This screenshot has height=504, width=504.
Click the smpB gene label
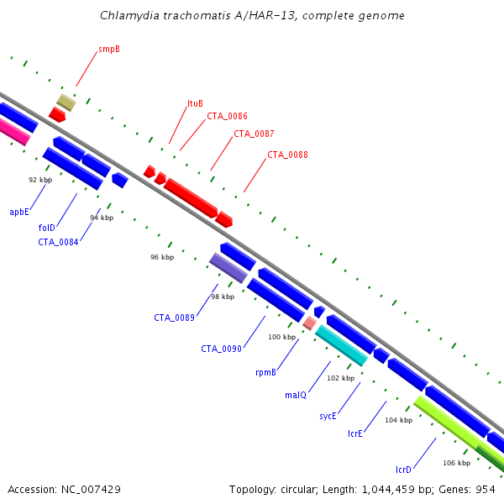pos(109,50)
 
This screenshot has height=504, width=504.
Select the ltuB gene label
pos(195,103)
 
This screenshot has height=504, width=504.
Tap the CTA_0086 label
pos(227,116)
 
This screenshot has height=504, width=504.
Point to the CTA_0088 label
pos(287,155)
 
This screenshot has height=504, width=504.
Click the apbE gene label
pos(19,212)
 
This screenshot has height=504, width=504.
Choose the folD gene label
pos(46,228)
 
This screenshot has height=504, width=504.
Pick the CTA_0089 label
pos(174,318)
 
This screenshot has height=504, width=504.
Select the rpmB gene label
pos(265,372)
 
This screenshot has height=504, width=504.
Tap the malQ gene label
pos(296,395)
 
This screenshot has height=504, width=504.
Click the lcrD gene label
pos(403,470)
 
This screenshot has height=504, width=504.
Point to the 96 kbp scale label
pos(162,257)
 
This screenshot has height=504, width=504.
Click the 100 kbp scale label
pos(282,337)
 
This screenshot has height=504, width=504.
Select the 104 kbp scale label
pos(398,420)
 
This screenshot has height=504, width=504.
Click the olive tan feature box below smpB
pos(66,102)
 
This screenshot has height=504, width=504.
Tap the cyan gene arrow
pos(341,345)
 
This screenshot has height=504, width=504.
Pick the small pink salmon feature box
pos(310,323)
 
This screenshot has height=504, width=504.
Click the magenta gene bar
pos(13,131)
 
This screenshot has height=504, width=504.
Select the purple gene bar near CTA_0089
pos(228,268)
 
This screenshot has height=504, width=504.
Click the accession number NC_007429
pos(91,490)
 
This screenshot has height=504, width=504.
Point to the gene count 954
pos(486,490)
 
